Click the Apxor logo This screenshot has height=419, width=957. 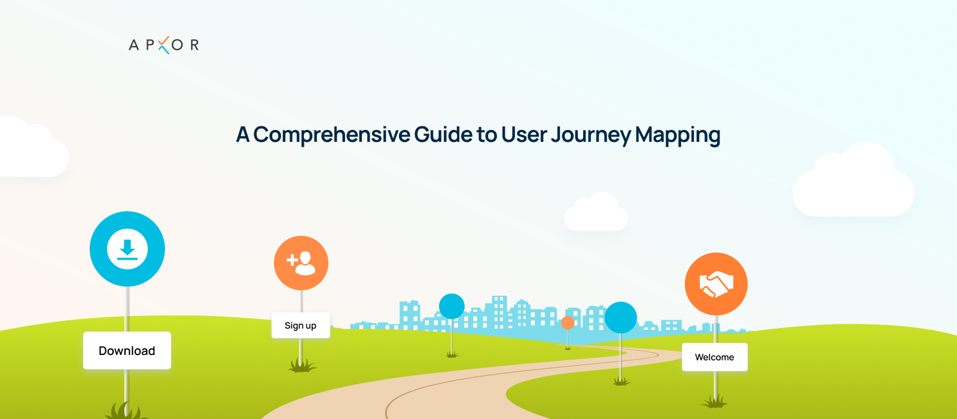(x=164, y=45)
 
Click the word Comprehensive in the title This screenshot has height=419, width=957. (x=331, y=135)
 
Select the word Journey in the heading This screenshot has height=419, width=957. (x=591, y=135)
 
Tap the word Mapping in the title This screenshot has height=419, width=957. (x=678, y=135)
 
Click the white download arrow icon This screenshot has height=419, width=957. (x=127, y=249)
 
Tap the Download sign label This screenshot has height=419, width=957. (x=127, y=351)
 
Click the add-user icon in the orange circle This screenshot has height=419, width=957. (x=301, y=263)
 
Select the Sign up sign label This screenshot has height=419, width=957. (x=301, y=326)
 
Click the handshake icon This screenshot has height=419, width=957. (x=716, y=284)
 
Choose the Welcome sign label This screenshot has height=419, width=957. (x=715, y=357)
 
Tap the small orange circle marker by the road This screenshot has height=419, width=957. (x=568, y=323)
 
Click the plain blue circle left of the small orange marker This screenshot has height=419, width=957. (x=452, y=306)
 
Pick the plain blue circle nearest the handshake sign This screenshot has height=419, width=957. (x=621, y=318)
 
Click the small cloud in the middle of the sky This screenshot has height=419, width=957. (x=596, y=212)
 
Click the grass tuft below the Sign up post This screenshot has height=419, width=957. (x=301, y=366)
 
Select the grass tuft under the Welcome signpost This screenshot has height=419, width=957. (x=714, y=402)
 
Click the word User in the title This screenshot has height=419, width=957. (x=524, y=134)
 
